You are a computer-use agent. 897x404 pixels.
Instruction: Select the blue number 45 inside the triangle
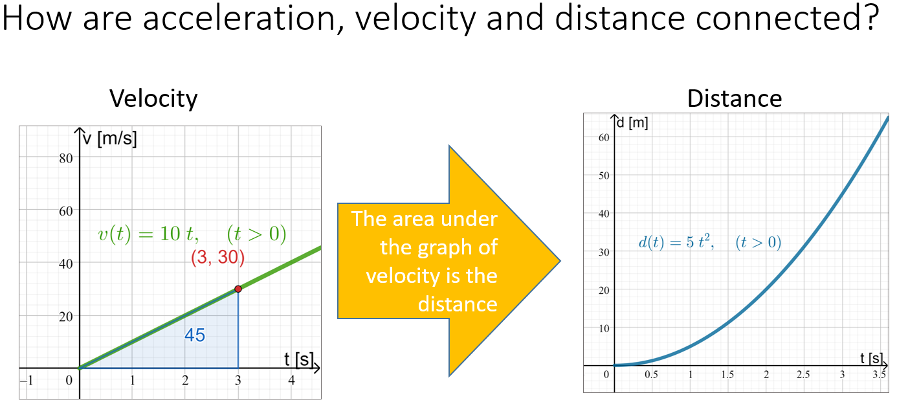point(195,335)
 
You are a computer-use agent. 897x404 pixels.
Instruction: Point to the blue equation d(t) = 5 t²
point(676,243)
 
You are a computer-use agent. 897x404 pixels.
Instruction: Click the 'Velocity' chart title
point(153,98)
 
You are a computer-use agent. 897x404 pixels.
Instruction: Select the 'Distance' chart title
point(735,98)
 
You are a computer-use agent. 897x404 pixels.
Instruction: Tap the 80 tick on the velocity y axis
point(65,158)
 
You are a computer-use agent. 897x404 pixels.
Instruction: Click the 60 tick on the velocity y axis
point(65,210)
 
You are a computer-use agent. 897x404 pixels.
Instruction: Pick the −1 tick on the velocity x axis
point(26,381)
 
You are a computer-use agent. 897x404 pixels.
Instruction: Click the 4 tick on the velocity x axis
point(291,381)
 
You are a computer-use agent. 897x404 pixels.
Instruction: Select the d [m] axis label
point(632,123)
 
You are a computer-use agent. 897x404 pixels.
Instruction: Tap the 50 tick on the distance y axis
point(603,175)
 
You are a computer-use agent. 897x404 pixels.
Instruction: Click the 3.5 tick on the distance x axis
point(879,376)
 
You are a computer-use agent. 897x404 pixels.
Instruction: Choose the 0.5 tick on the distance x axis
point(652,376)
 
